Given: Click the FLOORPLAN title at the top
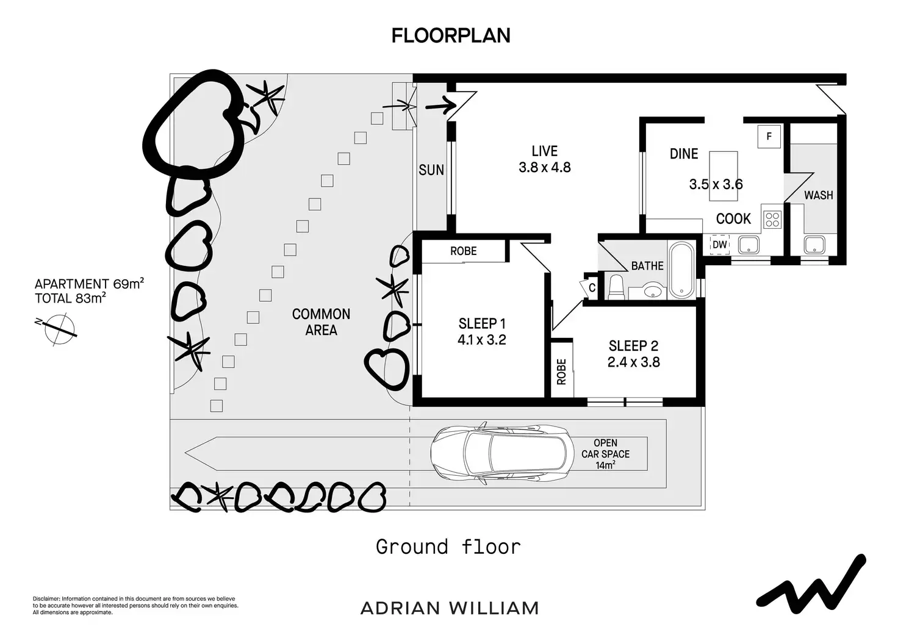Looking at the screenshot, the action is click(451, 35).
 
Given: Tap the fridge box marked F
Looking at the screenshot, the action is click(769, 136).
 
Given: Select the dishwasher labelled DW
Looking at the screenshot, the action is click(720, 244).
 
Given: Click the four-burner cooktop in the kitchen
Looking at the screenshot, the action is click(772, 219).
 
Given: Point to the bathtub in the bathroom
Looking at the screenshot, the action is click(681, 270).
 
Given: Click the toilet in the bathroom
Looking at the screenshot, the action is click(616, 287).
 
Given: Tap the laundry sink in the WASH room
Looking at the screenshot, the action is click(814, 245).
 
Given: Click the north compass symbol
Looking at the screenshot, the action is click(59, 329).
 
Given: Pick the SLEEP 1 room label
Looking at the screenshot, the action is click(482, 323).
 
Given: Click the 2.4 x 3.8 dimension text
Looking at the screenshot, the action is click(633, 362).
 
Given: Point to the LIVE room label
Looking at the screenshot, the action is click(544, 151).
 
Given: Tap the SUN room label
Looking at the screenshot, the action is click(431, 170).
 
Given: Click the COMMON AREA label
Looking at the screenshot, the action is click(321, 322).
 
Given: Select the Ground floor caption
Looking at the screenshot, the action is click(448, 547).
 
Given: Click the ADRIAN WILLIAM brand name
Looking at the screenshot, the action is click(450, 608).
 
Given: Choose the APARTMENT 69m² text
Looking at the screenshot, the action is click(89, 284).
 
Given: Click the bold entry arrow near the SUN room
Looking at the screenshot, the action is click(441, 106).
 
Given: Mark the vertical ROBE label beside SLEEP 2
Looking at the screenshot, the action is click(561, 372).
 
